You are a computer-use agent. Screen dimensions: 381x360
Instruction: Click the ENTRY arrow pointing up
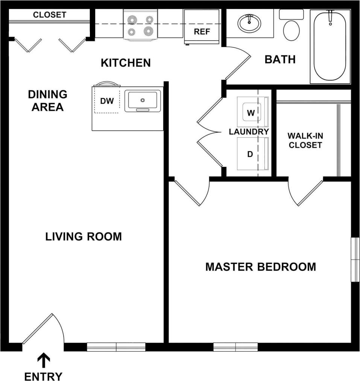(44, 360)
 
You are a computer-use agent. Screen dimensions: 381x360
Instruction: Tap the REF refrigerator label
(202, 32)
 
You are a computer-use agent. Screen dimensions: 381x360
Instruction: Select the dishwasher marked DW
(107, 101)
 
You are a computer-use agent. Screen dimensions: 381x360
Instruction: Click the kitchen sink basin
(143, 100)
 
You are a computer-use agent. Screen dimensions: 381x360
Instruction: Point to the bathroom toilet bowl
(291, 30)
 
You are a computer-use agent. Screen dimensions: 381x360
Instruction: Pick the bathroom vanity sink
(249, 24)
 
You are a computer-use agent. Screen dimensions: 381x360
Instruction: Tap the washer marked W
(251, 112)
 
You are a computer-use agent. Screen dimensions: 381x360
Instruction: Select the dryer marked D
(250, 154)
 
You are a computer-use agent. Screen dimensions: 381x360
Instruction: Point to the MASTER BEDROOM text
(260, 267)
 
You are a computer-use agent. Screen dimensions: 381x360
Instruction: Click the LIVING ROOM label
(84, 237)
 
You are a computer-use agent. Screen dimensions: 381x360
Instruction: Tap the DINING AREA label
(47, 101)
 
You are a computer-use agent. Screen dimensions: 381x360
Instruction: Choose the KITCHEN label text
(126, 62)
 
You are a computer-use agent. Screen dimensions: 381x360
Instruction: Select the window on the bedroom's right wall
(355, 259)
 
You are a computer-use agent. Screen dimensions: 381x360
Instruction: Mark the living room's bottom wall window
(116, 347)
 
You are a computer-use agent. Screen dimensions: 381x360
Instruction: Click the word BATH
(280, 59)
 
